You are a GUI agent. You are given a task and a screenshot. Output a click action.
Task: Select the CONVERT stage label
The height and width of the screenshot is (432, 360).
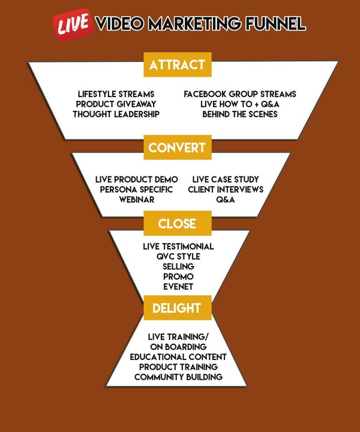coord(177,147)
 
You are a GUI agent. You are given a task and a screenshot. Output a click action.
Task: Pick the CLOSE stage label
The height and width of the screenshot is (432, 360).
coord(177,224)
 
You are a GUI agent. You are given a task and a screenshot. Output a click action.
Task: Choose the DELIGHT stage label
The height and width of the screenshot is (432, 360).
coord(177,308)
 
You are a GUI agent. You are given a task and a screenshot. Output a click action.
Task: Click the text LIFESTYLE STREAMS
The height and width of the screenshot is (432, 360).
coord(116,94)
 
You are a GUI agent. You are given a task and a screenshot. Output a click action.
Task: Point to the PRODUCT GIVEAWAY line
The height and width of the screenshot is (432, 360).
coord(116,104)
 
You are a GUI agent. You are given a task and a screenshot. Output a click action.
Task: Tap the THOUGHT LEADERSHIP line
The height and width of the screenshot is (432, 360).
coord(116,114)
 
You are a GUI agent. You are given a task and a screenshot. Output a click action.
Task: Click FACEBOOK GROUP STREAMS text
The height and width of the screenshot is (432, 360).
coord(239,94)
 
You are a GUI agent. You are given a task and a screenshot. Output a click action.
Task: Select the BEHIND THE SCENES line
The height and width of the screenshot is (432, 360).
coord(239,114)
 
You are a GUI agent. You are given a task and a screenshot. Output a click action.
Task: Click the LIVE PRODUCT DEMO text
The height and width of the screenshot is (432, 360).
coord(137,179)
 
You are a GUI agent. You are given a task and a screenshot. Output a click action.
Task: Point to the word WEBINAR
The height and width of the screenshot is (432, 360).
coord(137,199)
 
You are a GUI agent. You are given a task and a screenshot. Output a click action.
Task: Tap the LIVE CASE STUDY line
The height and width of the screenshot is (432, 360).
coord(226,179)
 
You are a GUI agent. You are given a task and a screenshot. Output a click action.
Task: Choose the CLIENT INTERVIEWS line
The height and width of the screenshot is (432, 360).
coord(226,190)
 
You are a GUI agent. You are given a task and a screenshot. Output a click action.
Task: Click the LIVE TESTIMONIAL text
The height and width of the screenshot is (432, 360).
coord(178,247)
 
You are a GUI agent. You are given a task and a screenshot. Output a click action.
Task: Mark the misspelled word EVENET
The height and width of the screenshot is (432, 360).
coord(178,287)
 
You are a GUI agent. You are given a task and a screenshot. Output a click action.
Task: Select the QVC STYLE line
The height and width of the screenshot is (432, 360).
coord(178,257)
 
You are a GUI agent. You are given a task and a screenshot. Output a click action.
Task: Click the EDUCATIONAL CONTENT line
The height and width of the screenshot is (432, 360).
coord(178,356)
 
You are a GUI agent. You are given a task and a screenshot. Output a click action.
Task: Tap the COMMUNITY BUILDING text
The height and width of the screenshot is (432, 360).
coord(178,377)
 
